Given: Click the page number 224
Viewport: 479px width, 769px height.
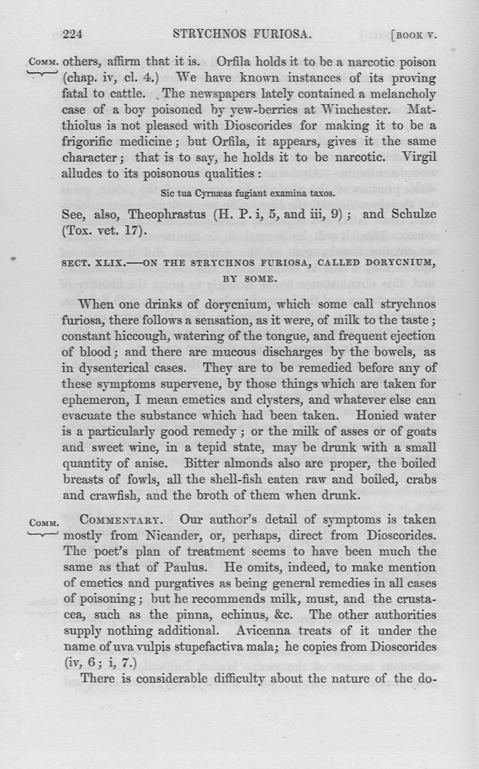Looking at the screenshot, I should (72, 34).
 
